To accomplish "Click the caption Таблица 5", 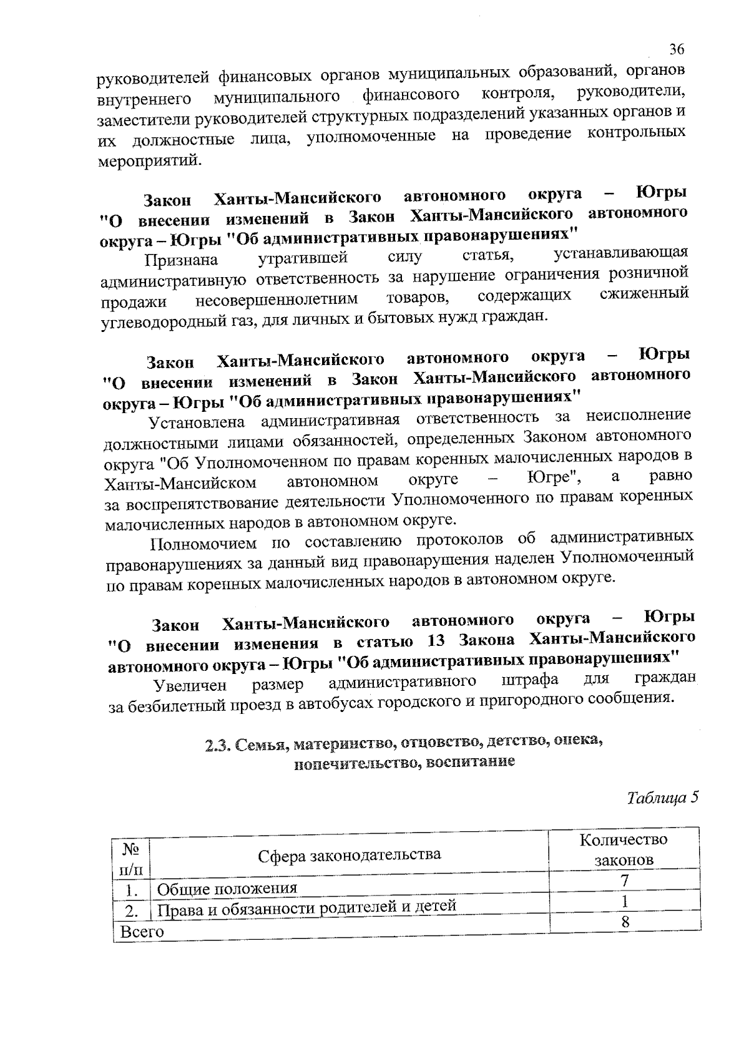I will tap(662, 798).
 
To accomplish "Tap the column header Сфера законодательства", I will tap(350, 854).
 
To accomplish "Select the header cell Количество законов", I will tap(624, 849).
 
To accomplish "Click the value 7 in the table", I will tap(624, 881).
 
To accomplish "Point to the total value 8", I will tap(625, 922).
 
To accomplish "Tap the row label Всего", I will tap(142, 932).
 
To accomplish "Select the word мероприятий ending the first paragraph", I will tap(150, 160).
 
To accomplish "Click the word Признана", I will tap(182, 260).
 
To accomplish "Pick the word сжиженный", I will tap(644, 293).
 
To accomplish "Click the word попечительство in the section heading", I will tap(356, 763).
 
